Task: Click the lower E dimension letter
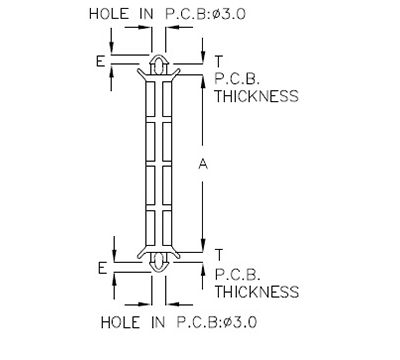[x=100, y=267]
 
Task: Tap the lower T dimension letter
[x=218, y=255]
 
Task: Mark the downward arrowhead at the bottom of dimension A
[x=204, y=250]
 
